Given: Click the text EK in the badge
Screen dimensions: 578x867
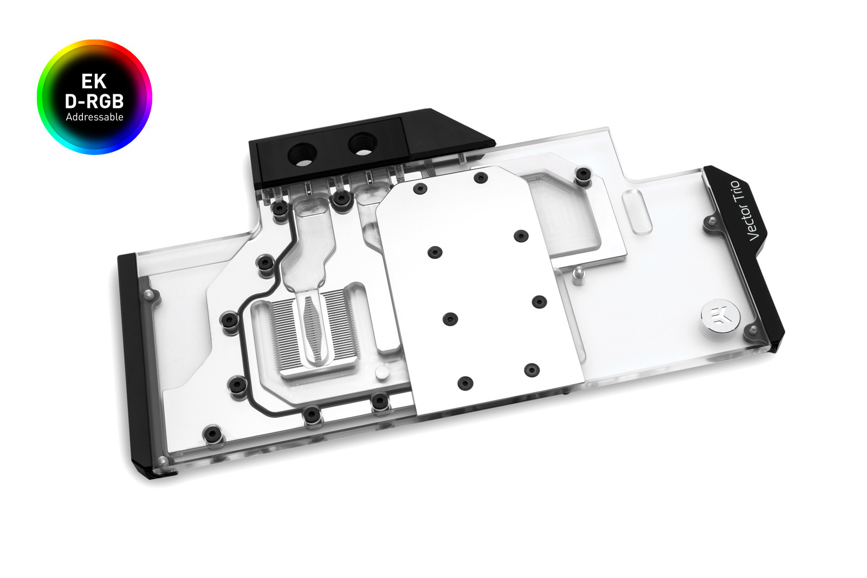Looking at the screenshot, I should click(x=94, y=81).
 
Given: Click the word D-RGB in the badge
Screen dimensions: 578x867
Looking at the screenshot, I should click(x=94, y=101).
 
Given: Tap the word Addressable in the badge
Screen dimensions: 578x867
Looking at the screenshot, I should click(x=94, y=117).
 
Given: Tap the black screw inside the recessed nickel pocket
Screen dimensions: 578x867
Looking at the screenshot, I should click(x=583, y=174).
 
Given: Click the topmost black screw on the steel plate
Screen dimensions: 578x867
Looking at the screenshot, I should click(x=481, y=178).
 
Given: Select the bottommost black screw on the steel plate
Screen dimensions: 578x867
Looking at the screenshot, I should click(x=465, y=383).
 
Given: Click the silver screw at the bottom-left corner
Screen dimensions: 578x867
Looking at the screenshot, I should click(x=161, y=461).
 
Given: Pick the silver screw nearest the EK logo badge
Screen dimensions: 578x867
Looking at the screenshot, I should click(x=752, y=329).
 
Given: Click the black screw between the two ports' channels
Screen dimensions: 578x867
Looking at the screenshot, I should click(x=341, y=198).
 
